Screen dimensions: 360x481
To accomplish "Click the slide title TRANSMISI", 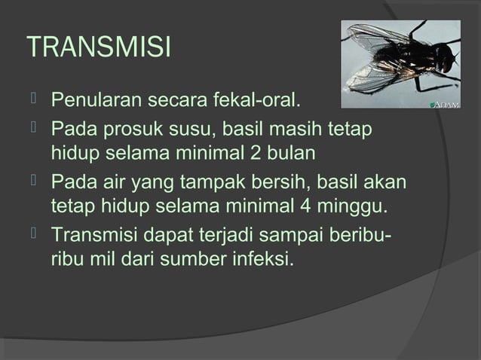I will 99,48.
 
